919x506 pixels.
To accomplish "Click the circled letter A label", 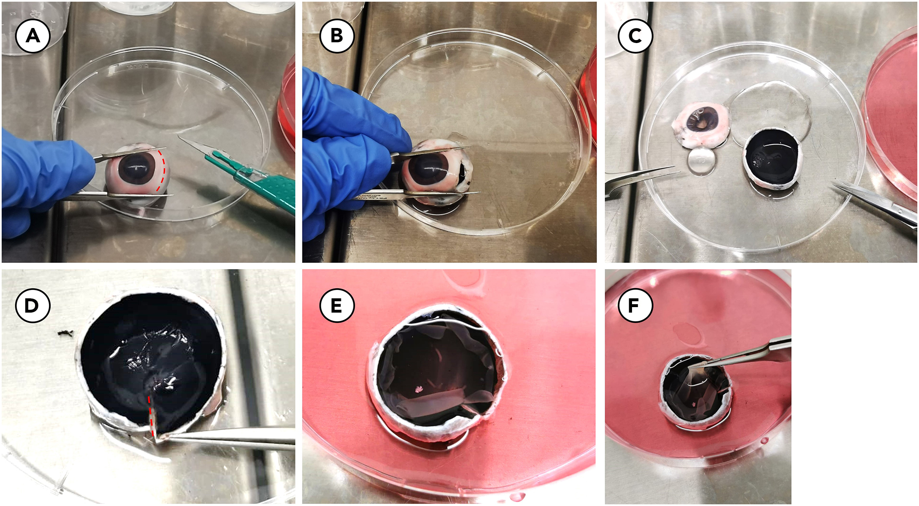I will (x=33, y=36).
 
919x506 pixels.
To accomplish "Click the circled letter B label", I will (x=337, y=36).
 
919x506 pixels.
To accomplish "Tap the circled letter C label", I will (x=635, y=36).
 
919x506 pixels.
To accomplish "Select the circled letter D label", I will (x=33, y=305).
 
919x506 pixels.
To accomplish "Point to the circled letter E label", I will (x=337, y=305).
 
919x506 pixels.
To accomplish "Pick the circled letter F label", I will (x=635, y=305).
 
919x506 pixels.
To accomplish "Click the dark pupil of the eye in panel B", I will (x=428, y=169).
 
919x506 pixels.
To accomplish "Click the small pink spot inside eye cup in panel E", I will (x=419, y=389).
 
